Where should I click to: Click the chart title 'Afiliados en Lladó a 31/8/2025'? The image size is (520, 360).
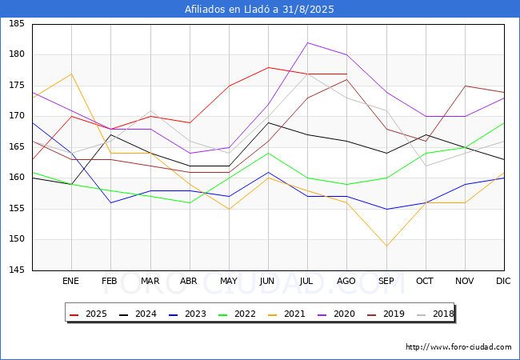pos(259,10)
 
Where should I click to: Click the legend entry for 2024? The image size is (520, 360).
pos(133,314)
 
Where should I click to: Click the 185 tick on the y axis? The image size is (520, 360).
pos(17,24)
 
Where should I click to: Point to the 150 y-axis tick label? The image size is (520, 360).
pos(17,239)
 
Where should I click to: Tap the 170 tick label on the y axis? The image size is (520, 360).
pos(17,116)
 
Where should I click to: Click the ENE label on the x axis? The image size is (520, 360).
pos(71,282)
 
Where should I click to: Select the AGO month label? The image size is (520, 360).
pos(346,282)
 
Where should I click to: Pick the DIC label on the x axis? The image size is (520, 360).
pos(503,282)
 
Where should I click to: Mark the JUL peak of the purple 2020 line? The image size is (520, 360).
pos(307,42)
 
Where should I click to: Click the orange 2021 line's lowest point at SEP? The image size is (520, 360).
pos(386,246)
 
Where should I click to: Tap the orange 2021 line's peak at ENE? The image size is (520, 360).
pos(71,74)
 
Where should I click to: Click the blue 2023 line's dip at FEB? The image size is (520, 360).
pos(110,202)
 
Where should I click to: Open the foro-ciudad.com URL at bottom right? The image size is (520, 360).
pos(458,347)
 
